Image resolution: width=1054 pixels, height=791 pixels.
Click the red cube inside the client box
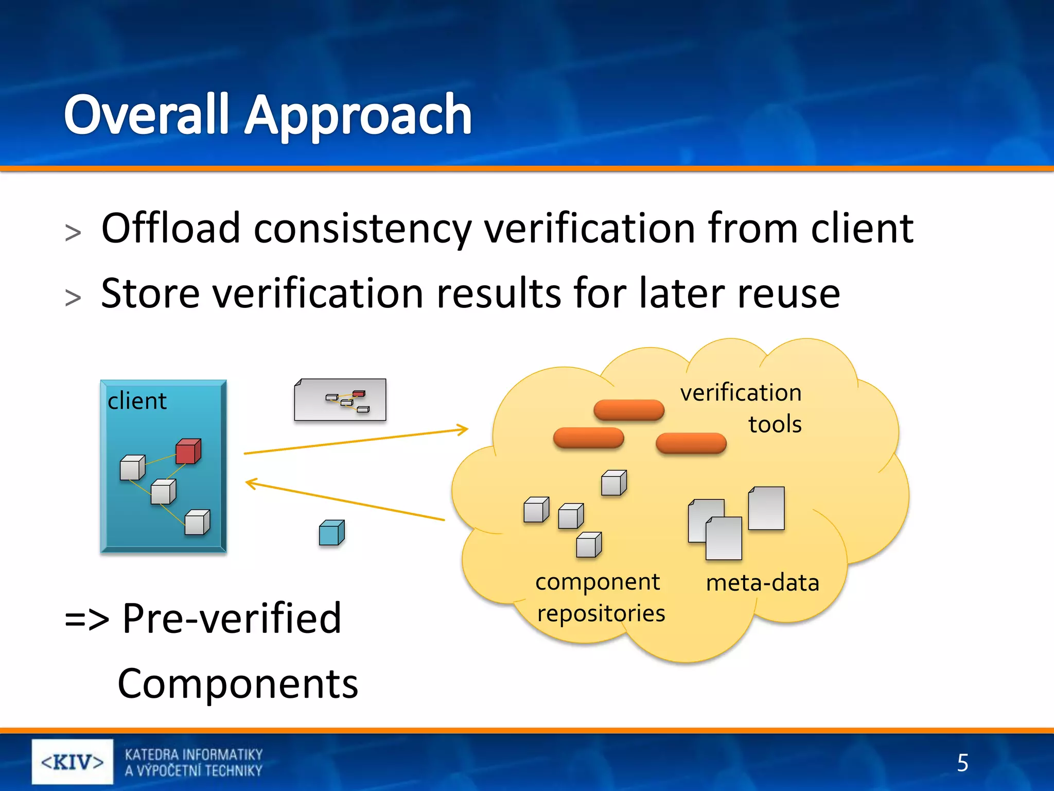click(x=188, y=452)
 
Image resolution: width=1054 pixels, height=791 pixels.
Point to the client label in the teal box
click(x=137, y=401)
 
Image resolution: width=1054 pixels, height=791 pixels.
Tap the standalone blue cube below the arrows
click(x=331, y=533)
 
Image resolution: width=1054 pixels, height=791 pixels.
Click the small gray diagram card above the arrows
click(x=340, y=400)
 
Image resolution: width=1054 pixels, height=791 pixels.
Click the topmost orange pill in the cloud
click(x=628, y=410)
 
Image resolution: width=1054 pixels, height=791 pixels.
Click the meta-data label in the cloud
click(x=762, y=583)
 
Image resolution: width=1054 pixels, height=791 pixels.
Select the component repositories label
click(x=600, y=597)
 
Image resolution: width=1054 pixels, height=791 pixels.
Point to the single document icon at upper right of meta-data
click(x=766, y=508)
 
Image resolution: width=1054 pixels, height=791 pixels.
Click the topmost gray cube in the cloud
click(x=613, y=483)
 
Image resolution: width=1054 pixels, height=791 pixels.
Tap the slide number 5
click(x=962, y=763)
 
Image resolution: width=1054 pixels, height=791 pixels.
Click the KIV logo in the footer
click(x=73, y=762)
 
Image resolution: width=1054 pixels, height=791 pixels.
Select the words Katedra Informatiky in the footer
click(x=194, y=754)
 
